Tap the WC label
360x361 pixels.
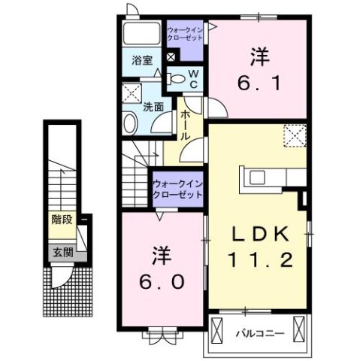[x=192, y=78]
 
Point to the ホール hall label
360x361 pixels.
[x=184, y=125]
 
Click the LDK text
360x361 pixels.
[x=259, y=234]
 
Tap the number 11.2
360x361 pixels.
[x=259, y=260]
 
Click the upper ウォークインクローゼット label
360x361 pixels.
[x=184, y=35]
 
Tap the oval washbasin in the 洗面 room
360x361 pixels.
[x=129, y=124]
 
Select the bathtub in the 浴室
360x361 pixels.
[x=143, y=33]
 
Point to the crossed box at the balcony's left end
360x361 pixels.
[x=218, y=329]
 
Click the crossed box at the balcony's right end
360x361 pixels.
[x=301, y=329]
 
